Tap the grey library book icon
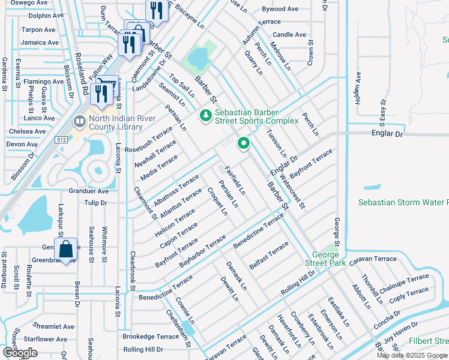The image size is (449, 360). pyautogui.click(x=79, y=122)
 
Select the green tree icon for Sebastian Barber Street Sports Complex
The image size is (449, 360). pyautogui.click(x=205, y=115)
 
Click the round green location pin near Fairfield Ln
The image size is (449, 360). pyautogui.click(x=243, y=143)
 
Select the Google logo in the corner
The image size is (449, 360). pyautogui.click(x=20, y=353)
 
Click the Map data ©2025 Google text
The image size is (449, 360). pyautogui.click(x=412, y=355)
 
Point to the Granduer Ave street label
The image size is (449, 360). pyautogui.click(x=88, y=191)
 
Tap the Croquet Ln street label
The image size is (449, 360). pyautogui.click(x=217, y=201)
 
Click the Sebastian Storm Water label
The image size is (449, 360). pyautogui.click(x=403, y=203)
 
